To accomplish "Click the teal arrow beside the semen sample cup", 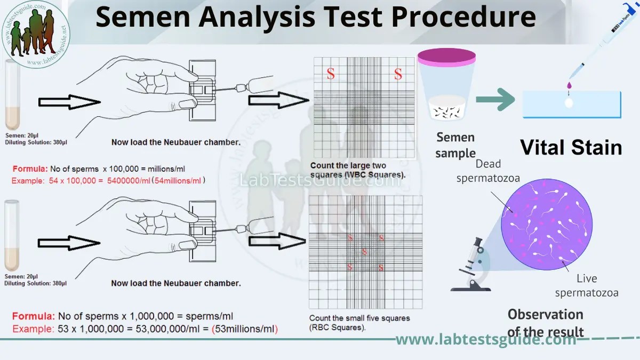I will [495, 99].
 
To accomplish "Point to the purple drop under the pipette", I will [570, 85].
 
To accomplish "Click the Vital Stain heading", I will [571, 147].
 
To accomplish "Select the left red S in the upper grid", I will [331, 74].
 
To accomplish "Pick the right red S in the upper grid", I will [398, 74].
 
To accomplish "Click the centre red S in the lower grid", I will [365, 252].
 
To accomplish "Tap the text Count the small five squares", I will [359, 318].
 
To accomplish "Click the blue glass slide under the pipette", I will [571, 104].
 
